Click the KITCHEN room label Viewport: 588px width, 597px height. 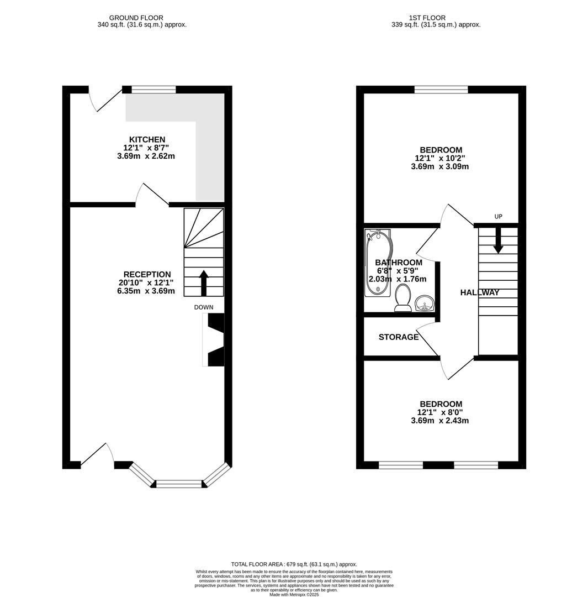[x=147, y=140]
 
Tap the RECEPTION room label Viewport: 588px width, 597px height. [x=147, y=275]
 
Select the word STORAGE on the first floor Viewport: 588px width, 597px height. [x=399, y=337]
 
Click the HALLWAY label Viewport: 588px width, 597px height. [x=479, y=293]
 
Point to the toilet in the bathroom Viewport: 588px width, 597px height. [x=403, y=298]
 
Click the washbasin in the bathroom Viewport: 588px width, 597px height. [x=425, y=303]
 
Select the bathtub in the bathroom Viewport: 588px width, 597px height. [x=378, y=263]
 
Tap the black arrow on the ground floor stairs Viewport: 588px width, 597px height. [x=204, y=282]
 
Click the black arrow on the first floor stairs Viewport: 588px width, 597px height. [x=498, y=241]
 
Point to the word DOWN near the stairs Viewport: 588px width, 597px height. [x=204, y=307]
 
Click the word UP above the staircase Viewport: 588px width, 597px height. [x=498, y=217]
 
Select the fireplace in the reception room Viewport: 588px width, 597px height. [x=214, y=339]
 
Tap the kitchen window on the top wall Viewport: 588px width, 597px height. [x=153, y=90]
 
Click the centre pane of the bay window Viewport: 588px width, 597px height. [x=179, y=484]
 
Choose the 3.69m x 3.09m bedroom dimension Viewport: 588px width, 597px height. [x=440, y=166]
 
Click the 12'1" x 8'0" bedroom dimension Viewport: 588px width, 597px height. [x=440, y=412]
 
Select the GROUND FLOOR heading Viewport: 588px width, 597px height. [x=136, y=18]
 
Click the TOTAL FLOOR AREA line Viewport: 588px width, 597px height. [x=294, y=564]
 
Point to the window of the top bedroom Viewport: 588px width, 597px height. [x=441, y=90]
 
